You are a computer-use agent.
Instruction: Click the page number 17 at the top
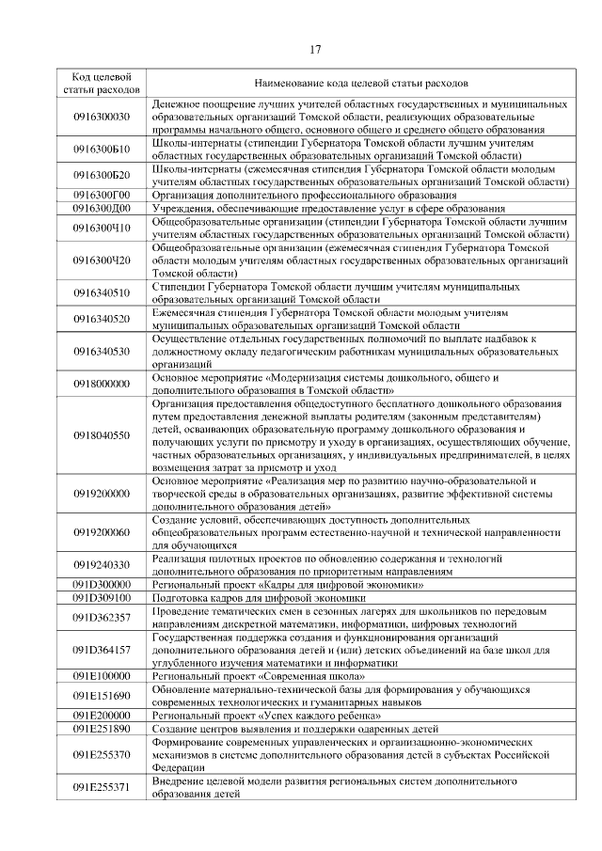(x=315, y=49)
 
